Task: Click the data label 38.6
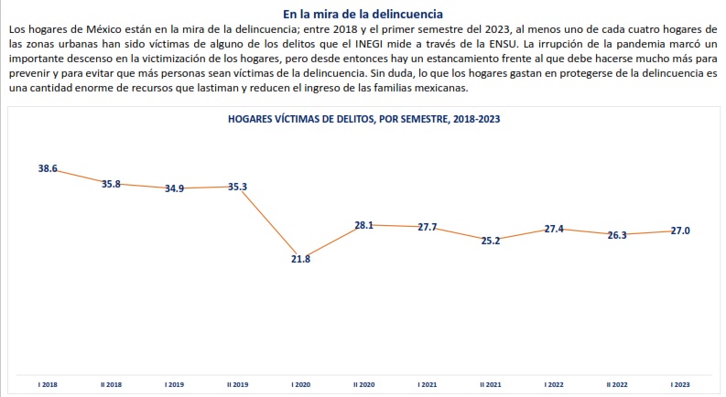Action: coord(48,169)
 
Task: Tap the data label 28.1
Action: coord(364,223)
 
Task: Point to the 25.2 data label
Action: coord(491,241)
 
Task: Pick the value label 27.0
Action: coord(679,231)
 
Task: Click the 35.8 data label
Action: coord(111,184)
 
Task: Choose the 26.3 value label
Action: coord(616,235)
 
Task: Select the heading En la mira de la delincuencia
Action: coord(363,15)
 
